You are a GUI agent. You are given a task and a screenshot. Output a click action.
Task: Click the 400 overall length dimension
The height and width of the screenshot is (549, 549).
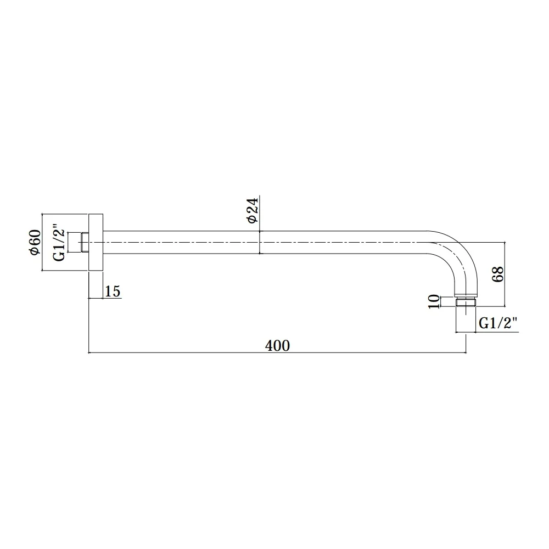click(277, 346)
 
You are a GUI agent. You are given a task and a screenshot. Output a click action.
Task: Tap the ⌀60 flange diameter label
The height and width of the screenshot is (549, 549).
click(35, 242)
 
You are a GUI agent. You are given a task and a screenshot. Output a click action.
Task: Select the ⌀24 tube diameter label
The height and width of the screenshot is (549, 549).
click(253, 210)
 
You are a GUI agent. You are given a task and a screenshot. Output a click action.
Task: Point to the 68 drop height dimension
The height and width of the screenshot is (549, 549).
click(497, 274)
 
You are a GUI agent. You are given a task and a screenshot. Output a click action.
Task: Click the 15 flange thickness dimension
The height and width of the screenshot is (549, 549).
click(113, 292)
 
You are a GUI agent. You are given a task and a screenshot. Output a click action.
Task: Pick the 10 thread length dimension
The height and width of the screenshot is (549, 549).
click(434, 301)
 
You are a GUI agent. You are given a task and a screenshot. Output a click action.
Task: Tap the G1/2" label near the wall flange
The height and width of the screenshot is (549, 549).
click(59, 245)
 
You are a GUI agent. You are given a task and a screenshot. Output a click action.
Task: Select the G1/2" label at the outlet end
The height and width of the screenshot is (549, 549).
click(498, 323)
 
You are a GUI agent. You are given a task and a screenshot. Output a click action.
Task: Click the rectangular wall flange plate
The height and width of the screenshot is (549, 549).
click(96, 242)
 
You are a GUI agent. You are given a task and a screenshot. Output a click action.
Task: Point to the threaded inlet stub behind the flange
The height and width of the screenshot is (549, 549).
click(84, 242)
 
